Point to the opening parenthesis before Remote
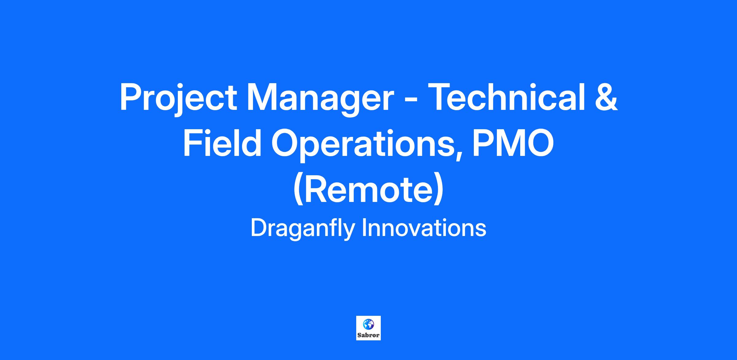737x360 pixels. pos(298,189)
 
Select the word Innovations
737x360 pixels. pos(424,228)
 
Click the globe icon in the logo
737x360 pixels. pos(368,324)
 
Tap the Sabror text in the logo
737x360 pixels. pos(368,335)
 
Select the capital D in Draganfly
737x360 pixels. pos(259,228)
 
